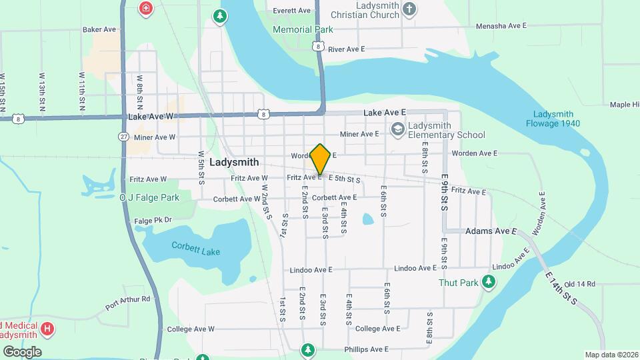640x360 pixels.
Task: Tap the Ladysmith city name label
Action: [233, 162]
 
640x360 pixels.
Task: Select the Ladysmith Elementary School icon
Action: [398, 129]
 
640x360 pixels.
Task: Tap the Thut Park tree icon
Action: [489, 282]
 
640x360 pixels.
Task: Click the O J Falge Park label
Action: [149, 198]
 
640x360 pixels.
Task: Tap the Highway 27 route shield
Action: [124, 137]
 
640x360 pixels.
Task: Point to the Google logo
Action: [22, 351]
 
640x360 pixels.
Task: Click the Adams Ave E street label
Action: [492, 231]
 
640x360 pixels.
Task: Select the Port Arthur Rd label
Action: [127, 304]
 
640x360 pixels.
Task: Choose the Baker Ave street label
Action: [99, 30]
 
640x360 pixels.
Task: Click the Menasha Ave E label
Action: [501, 25]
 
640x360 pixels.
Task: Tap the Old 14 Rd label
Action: [579, 284]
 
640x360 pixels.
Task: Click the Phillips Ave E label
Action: [366, 349]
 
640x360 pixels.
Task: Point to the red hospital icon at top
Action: [145, 8]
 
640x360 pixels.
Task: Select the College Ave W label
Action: [191, 329]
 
